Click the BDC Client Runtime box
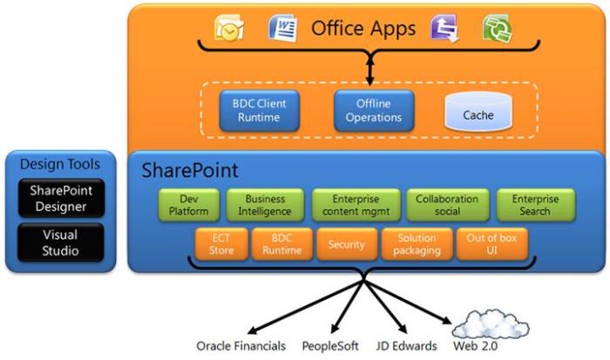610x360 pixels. (x=254, y=110)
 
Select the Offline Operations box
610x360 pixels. (x=374, y=110)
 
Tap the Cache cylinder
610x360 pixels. (x=478, y=113)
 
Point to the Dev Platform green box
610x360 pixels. (x=188, y=205)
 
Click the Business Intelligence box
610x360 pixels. (x=265, y=205)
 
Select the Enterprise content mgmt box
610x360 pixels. (x=356, y=205)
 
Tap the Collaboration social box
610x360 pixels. (x=447, y=205)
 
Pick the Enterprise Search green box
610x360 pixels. (x=535, y=205)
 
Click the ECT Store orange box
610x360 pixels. (x=221, y=244)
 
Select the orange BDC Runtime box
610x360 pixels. (x=281, y=244)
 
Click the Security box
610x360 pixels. (x=346, y=244)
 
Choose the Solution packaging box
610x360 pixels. (x=417, y=244)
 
